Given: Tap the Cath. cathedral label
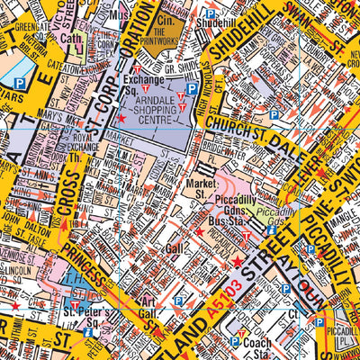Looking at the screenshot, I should pos(73,39).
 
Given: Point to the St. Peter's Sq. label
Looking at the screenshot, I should pos(90,318).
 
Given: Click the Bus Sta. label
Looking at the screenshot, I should pos(220,219).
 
